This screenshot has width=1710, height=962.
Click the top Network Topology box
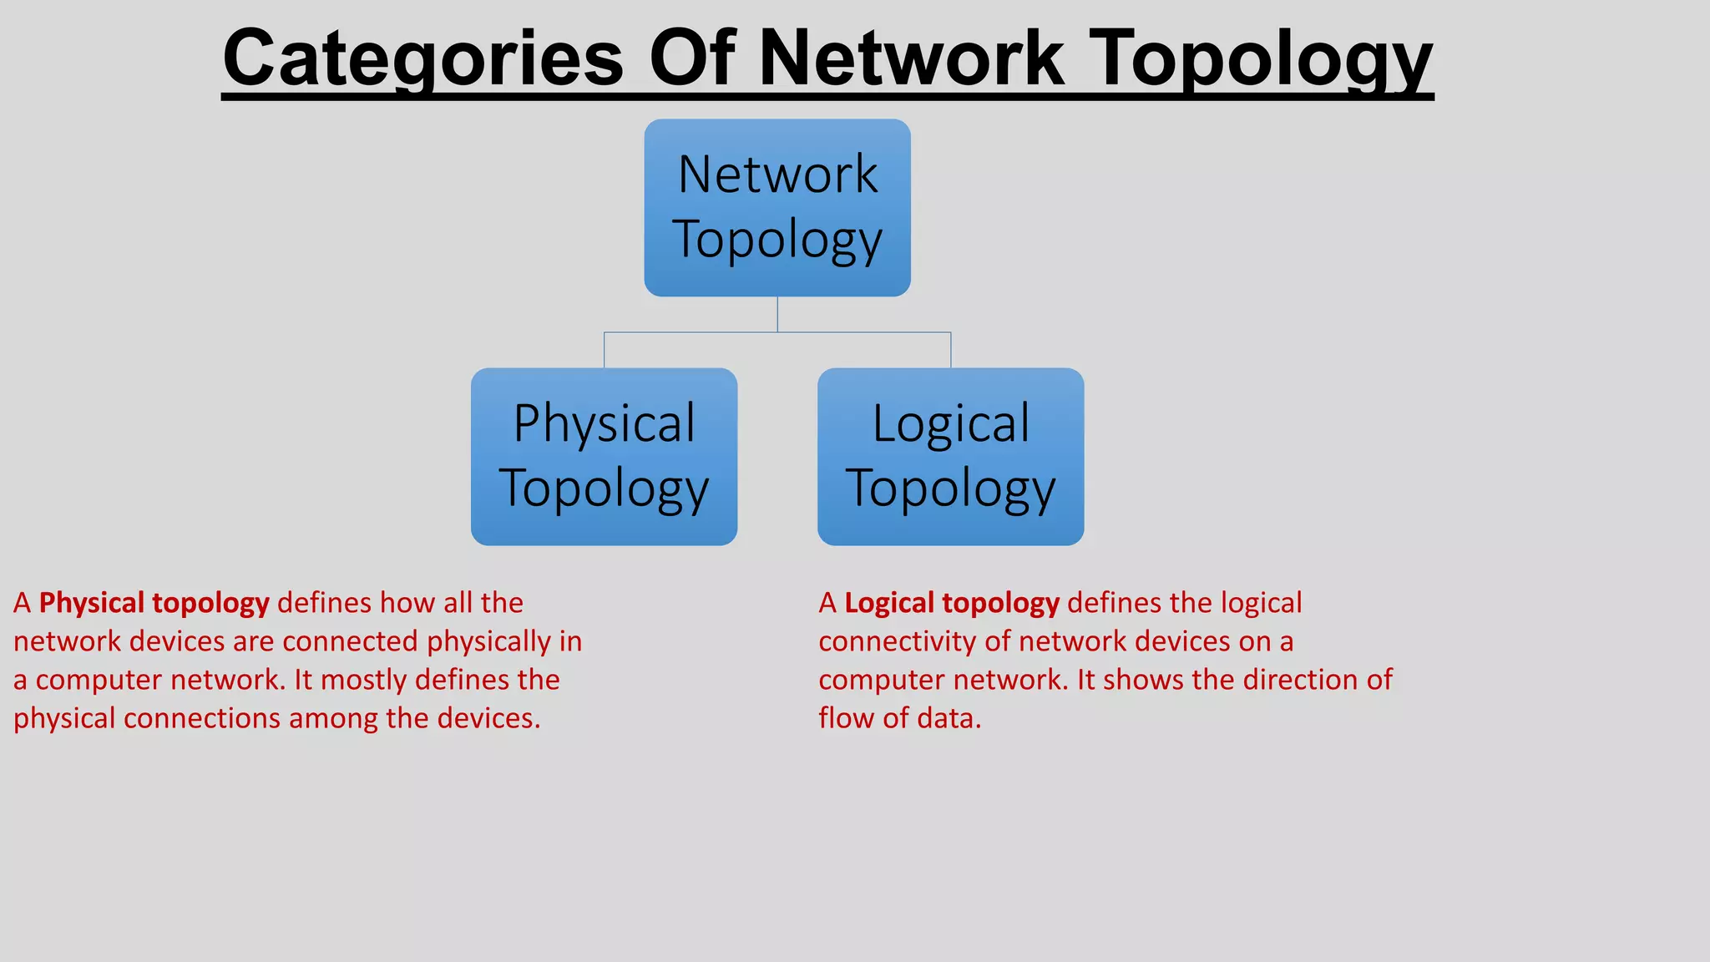[x=777, y=208]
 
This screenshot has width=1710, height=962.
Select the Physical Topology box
[x=604, y=457]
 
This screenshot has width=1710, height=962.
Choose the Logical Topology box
[x=950, y=457]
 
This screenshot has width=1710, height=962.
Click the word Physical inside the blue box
[x=604, y=423]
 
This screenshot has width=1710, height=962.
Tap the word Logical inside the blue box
[x=950, y=423]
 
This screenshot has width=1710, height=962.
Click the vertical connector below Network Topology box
[x=777, y=314]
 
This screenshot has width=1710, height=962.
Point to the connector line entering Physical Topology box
[x=605, y=350]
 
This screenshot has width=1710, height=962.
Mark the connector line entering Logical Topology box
[x=951, y=350]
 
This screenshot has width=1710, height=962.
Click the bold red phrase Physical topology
[x=154, y=603]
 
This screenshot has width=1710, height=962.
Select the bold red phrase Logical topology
[x=951, y=603]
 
